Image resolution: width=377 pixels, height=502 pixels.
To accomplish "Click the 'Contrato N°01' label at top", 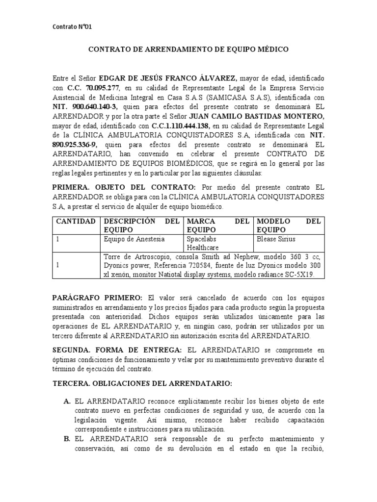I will coord(72,27).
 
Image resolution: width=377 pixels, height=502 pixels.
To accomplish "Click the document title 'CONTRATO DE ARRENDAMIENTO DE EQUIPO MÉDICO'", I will coord(188,50).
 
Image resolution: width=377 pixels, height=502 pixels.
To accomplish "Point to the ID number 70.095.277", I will coord(102,88).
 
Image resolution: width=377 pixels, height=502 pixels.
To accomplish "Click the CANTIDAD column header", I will coord(76,221).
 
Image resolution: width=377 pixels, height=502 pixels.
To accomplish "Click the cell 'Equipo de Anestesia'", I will coord(134,239).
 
